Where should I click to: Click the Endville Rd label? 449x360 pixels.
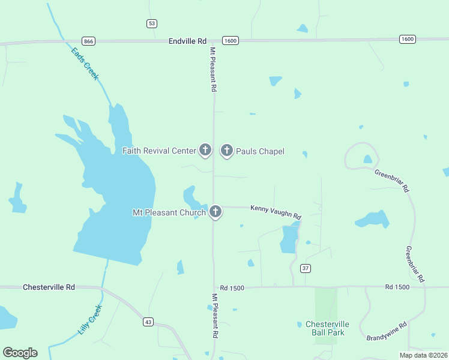[x=187, y=41]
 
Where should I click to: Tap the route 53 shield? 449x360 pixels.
[x=152, y=23]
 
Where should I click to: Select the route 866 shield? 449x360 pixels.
[x=89, y=41]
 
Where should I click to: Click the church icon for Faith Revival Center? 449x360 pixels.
[x=205, y=150]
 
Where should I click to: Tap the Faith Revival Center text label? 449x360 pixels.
[x=159, y=151]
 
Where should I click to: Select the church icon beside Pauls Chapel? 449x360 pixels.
[x=227, y=151]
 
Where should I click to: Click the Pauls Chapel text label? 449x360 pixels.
[x=260, y=151]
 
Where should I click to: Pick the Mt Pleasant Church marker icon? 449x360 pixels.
[x=215, y=212]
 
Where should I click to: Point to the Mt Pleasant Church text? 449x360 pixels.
[x=169, y=212]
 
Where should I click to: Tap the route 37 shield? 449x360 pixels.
[x=306, y=268]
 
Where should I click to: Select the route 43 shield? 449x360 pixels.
[x=148, y=322]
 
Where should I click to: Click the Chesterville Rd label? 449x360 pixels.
[x=49, y=287]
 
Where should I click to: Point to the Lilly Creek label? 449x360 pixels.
[x=91, y=320]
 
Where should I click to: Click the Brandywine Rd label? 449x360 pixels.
[x=387, y=332]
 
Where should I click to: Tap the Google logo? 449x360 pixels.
[x=20, y=353]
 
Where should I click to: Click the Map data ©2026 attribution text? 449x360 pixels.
[x=423, y=355]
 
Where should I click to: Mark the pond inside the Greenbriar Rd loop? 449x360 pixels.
[x=367, y=159]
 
